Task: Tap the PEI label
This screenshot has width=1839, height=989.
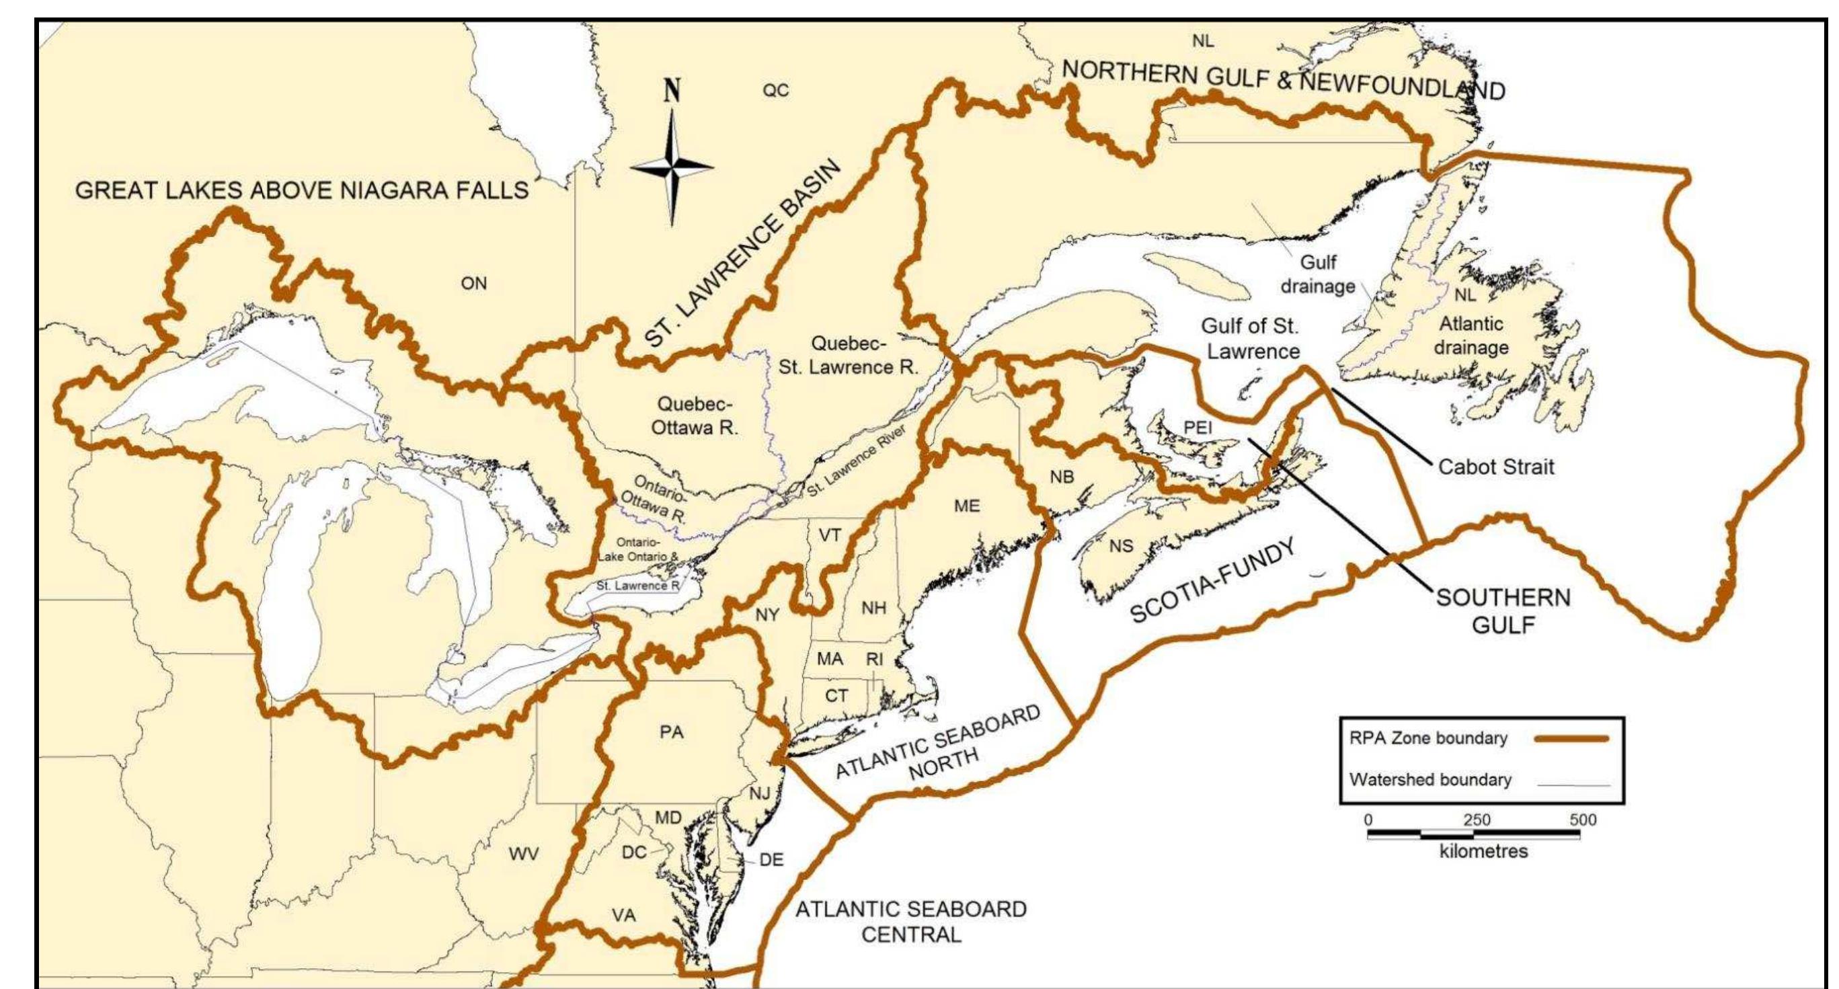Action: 1198,427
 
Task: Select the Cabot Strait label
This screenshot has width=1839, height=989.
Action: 1495,467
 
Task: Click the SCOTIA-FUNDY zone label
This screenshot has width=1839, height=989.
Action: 1213,582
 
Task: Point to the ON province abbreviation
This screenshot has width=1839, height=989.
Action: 473,284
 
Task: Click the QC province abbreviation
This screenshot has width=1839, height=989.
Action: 776,91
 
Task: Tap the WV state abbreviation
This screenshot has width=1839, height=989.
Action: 523,854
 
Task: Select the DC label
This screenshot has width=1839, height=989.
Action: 634,852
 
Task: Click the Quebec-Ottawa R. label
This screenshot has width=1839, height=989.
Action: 694,416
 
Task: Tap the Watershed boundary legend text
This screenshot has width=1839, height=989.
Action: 1430,780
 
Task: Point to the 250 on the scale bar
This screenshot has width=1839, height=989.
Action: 1477,820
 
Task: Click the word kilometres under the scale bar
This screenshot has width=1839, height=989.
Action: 1483,851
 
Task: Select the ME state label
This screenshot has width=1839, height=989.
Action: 967,506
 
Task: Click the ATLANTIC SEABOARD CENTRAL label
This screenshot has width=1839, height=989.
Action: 911,921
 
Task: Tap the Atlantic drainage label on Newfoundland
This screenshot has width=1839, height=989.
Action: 1471,335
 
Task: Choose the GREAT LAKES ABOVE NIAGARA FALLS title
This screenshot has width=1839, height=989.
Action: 302,190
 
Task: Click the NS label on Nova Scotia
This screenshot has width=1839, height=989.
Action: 1121,547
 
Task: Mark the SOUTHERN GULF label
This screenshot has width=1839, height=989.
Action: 1503,610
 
